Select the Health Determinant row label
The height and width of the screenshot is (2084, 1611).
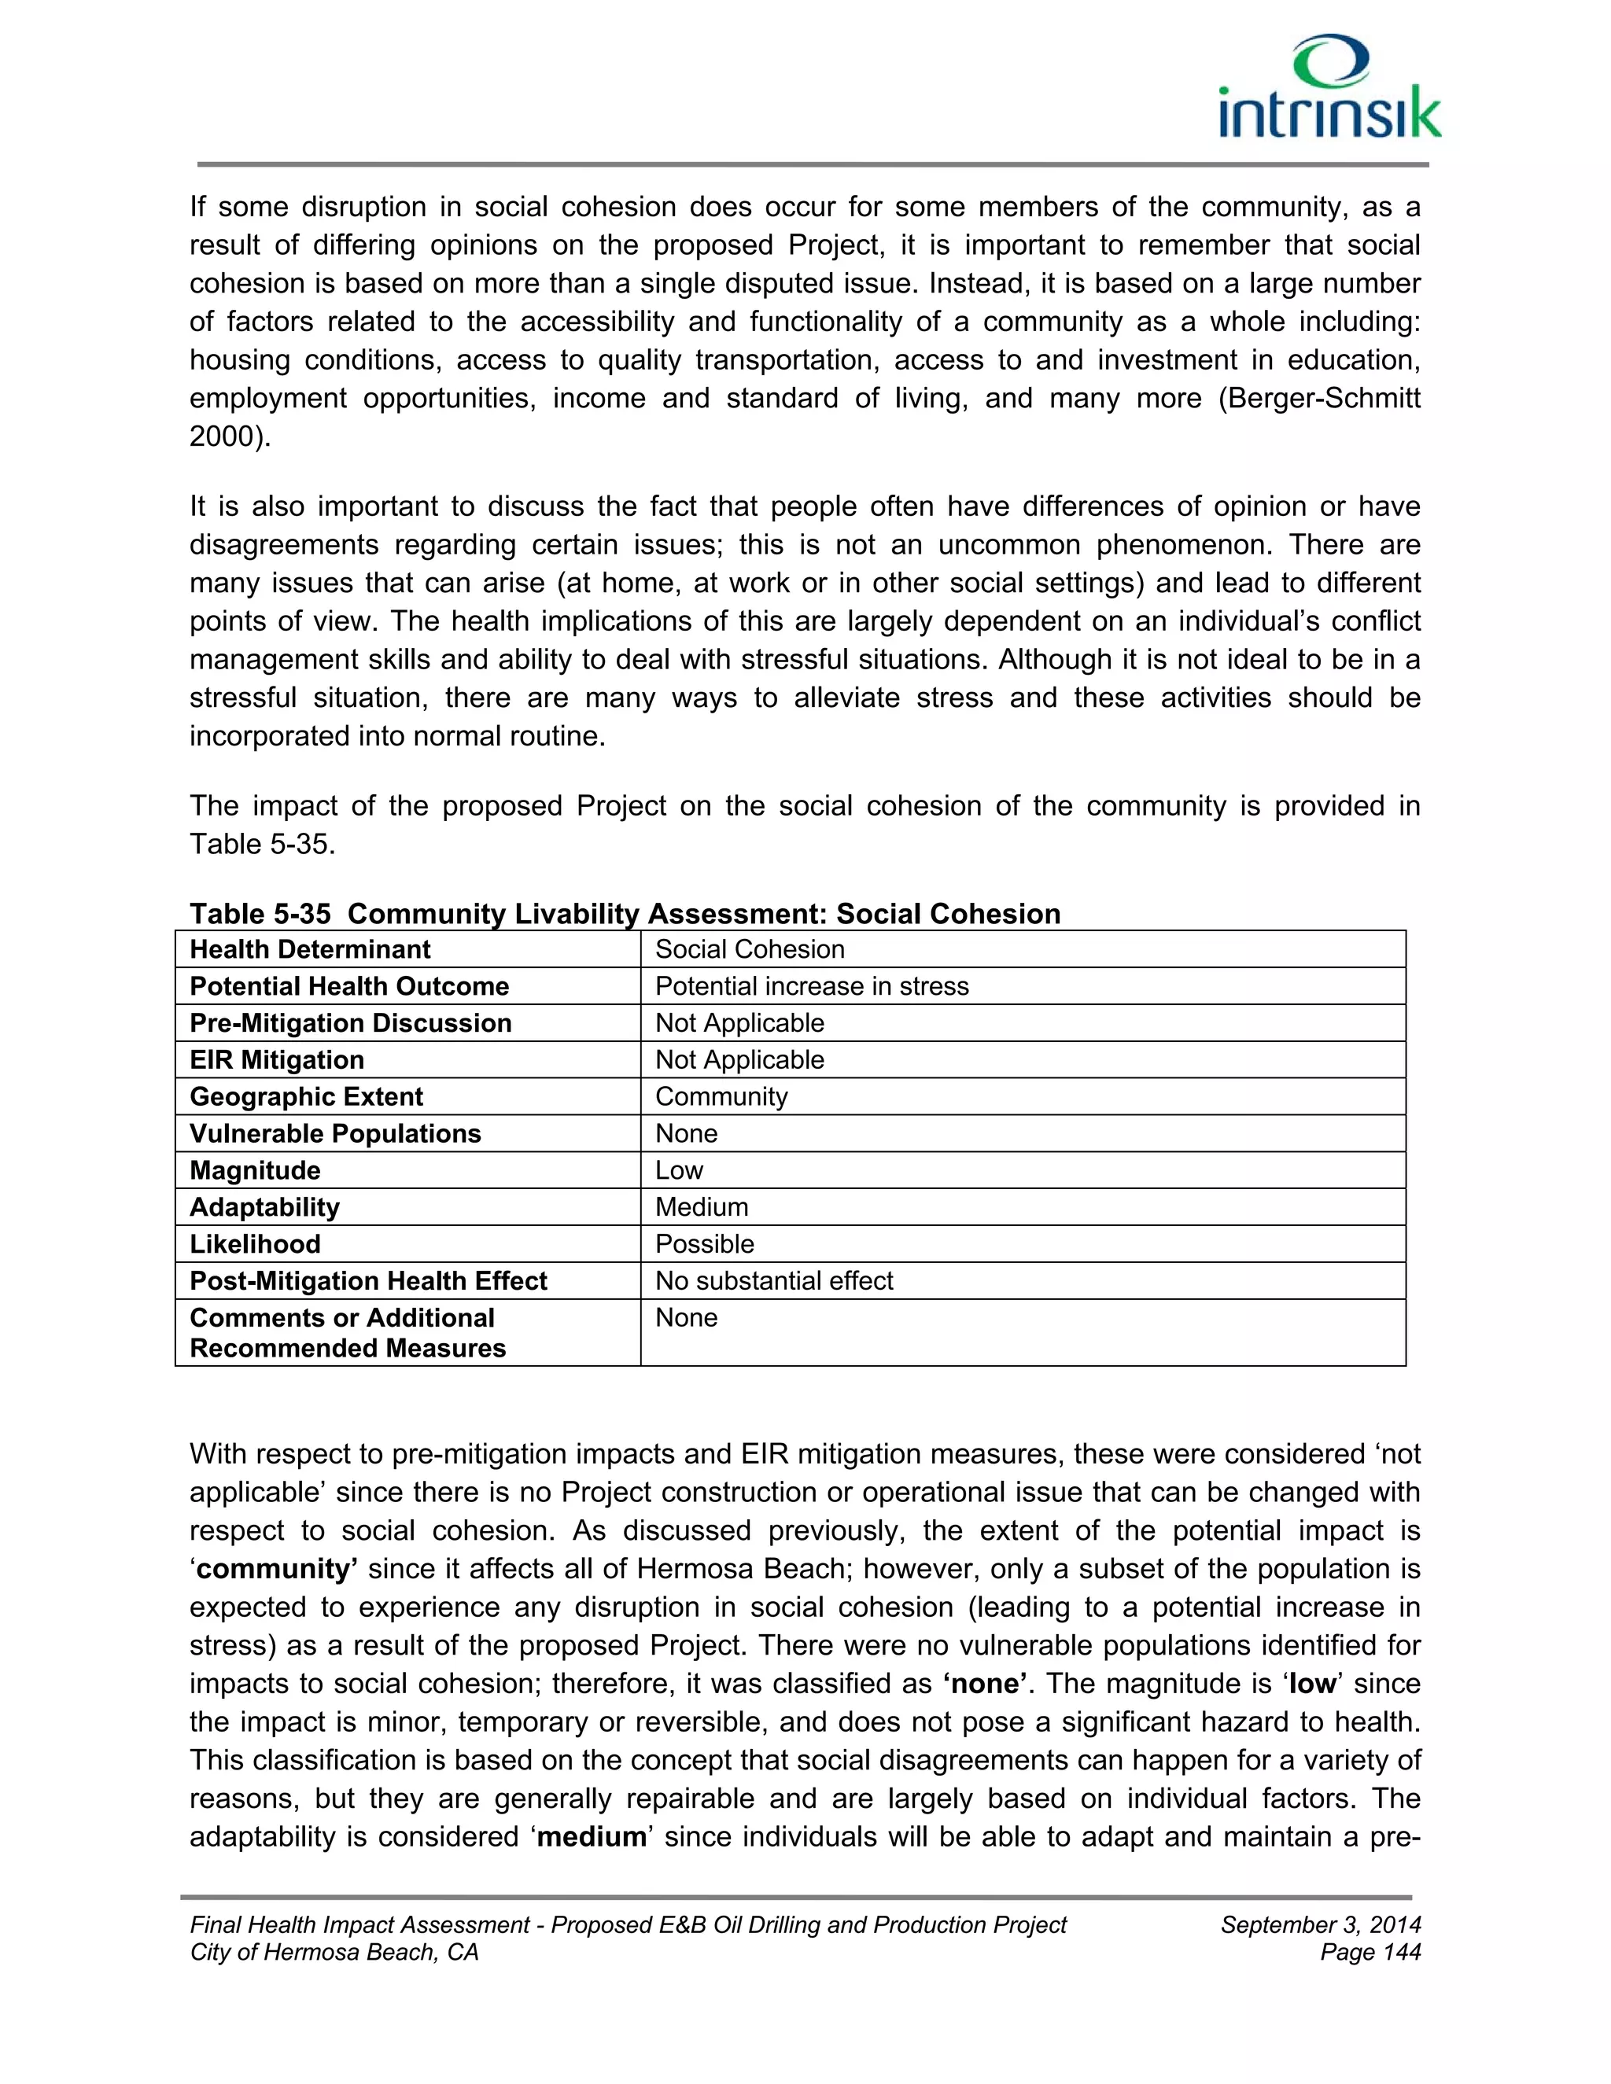click(310, 949)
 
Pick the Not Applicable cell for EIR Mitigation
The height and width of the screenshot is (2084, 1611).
click(739, 1060)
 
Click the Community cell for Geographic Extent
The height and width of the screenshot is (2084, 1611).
click(721, 1096)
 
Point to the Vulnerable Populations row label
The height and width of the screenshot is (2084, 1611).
click(335, 1133)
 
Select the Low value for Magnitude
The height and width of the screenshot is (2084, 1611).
click(680, 1171)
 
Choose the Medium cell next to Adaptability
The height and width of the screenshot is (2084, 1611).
click(702, 1207)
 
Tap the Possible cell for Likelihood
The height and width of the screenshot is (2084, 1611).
click(704, 1244)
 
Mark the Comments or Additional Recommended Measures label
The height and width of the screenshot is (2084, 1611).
click(348, 1333)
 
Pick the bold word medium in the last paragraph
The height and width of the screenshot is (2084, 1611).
click(592, 1837)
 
